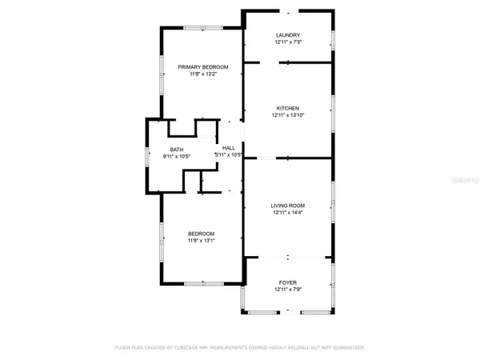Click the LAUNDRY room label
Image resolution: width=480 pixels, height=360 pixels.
[288, 35]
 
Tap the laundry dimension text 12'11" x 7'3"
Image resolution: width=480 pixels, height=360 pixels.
[288, 42]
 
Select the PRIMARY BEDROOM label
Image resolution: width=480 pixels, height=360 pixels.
[203, 67]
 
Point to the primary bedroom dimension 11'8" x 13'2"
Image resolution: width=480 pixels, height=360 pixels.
[203, 74]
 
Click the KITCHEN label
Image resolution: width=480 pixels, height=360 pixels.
[288, 108]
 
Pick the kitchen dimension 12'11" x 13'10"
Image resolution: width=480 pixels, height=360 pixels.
[288, 115]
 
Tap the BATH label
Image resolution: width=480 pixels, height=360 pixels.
[176, 149]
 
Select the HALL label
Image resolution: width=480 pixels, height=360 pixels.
[229, 148]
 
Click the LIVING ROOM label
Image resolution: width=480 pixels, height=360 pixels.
[288, 206]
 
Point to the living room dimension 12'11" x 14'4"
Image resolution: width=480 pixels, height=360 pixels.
[288, 213]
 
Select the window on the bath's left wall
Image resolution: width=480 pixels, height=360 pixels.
[146, 155]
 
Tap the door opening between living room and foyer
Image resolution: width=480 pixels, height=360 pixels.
[289, 258]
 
